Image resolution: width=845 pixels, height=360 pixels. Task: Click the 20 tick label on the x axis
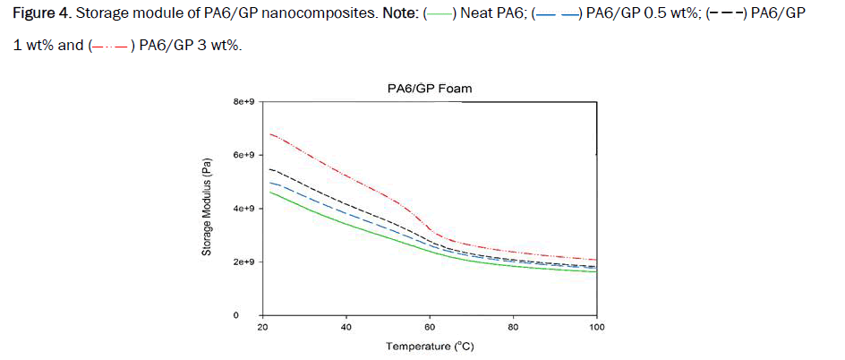pyautogui.click(x=262, y=327)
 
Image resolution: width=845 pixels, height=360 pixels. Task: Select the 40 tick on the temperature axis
pyautogui.click(x=346, y=327)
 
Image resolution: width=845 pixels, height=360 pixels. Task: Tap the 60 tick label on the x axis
pyautogui.click(x=430, y=327)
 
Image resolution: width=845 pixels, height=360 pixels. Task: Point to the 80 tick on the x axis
pyautogui.click(x=513, y=327)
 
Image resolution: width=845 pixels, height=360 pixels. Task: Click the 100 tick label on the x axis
pyautogui.click(x=596, y=327)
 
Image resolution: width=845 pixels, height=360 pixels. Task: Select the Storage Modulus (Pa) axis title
pyautogui.click(x=206, y=208)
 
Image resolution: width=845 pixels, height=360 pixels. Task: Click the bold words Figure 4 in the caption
pyautogui.click(x=41, y=17)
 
